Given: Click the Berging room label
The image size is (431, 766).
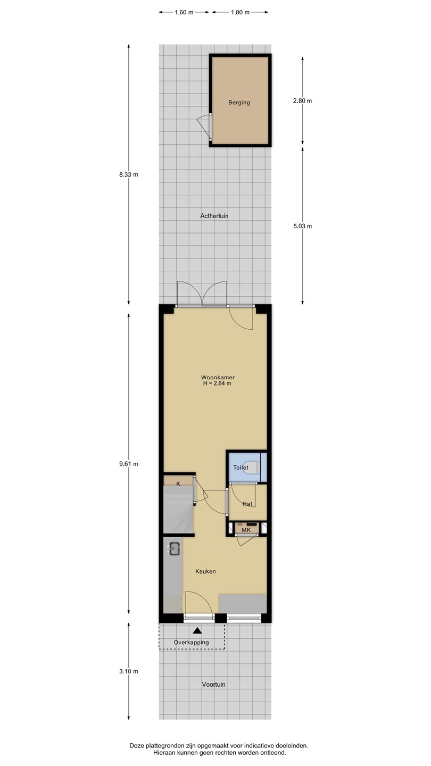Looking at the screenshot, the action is tap(239, 103).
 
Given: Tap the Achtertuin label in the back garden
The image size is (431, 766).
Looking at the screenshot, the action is tap(214, 216).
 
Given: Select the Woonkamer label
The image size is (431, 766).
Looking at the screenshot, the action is tap(218, 378).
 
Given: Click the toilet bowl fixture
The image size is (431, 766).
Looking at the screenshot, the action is tap(252, 468).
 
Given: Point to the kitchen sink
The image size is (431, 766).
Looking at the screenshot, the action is tap(174, 548).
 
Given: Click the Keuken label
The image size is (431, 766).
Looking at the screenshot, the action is tap(205, 571).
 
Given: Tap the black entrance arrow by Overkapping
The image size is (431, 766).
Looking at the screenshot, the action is tap(197, 630).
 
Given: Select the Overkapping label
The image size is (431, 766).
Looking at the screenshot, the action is tap(191, 642).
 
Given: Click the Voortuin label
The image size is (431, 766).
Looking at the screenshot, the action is tap(213, 684).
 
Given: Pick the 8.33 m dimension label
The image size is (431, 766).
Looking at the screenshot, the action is tap(129, 174).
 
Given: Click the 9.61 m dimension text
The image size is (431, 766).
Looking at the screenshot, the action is tap(129, 464).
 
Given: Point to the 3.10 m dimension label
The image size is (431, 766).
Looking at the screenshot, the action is tap(129, 671).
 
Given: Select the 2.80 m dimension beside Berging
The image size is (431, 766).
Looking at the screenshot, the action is tap(302, 101).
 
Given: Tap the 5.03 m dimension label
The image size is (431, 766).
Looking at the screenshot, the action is tap(302, 226).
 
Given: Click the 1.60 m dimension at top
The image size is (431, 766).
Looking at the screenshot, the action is tap(184, 12).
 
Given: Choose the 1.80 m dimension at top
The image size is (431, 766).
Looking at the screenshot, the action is tap(240, 12).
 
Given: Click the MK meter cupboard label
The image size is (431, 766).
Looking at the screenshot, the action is tap(246, 530).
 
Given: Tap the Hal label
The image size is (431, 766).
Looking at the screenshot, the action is tap(247, 504).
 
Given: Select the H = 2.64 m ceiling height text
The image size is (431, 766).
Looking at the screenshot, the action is tap(217, 384).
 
